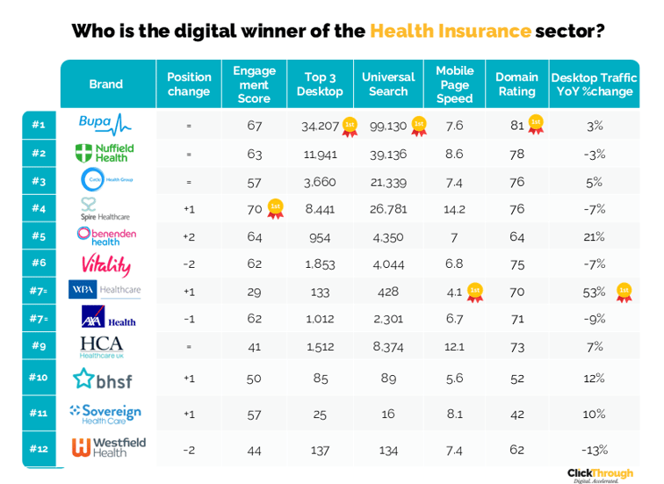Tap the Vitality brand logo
click(x=105, y=264)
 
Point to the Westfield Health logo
click(x=108, y=448)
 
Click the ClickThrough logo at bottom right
click(x=599, y=474)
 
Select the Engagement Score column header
click(x=254, y=84)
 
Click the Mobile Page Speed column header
click(x=454, y=84)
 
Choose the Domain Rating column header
click(x=516, y=84)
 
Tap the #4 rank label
click(x=39, y=209)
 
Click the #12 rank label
click(x=39, y=449)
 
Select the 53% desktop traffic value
click(x=594, y=292)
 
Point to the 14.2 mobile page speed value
click(x=455, y=209)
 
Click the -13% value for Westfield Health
click(x=594, y=449)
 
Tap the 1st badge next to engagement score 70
click(x=276, y=208)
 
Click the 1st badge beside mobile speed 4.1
click(x=475, y=292)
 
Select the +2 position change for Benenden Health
click(x=189, y=236)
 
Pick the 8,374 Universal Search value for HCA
click(x=388, y=346)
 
